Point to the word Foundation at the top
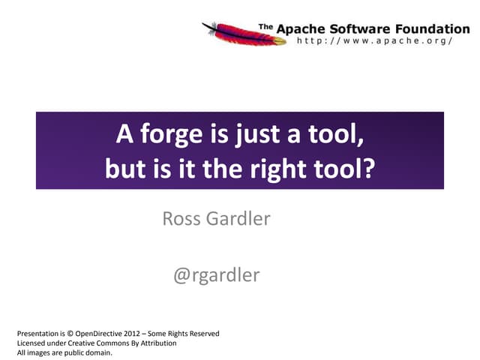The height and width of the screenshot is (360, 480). (x=424, y=28)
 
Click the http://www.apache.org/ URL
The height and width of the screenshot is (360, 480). (x=375, y=40)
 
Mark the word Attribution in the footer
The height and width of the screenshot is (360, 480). (x=156, y=343)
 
